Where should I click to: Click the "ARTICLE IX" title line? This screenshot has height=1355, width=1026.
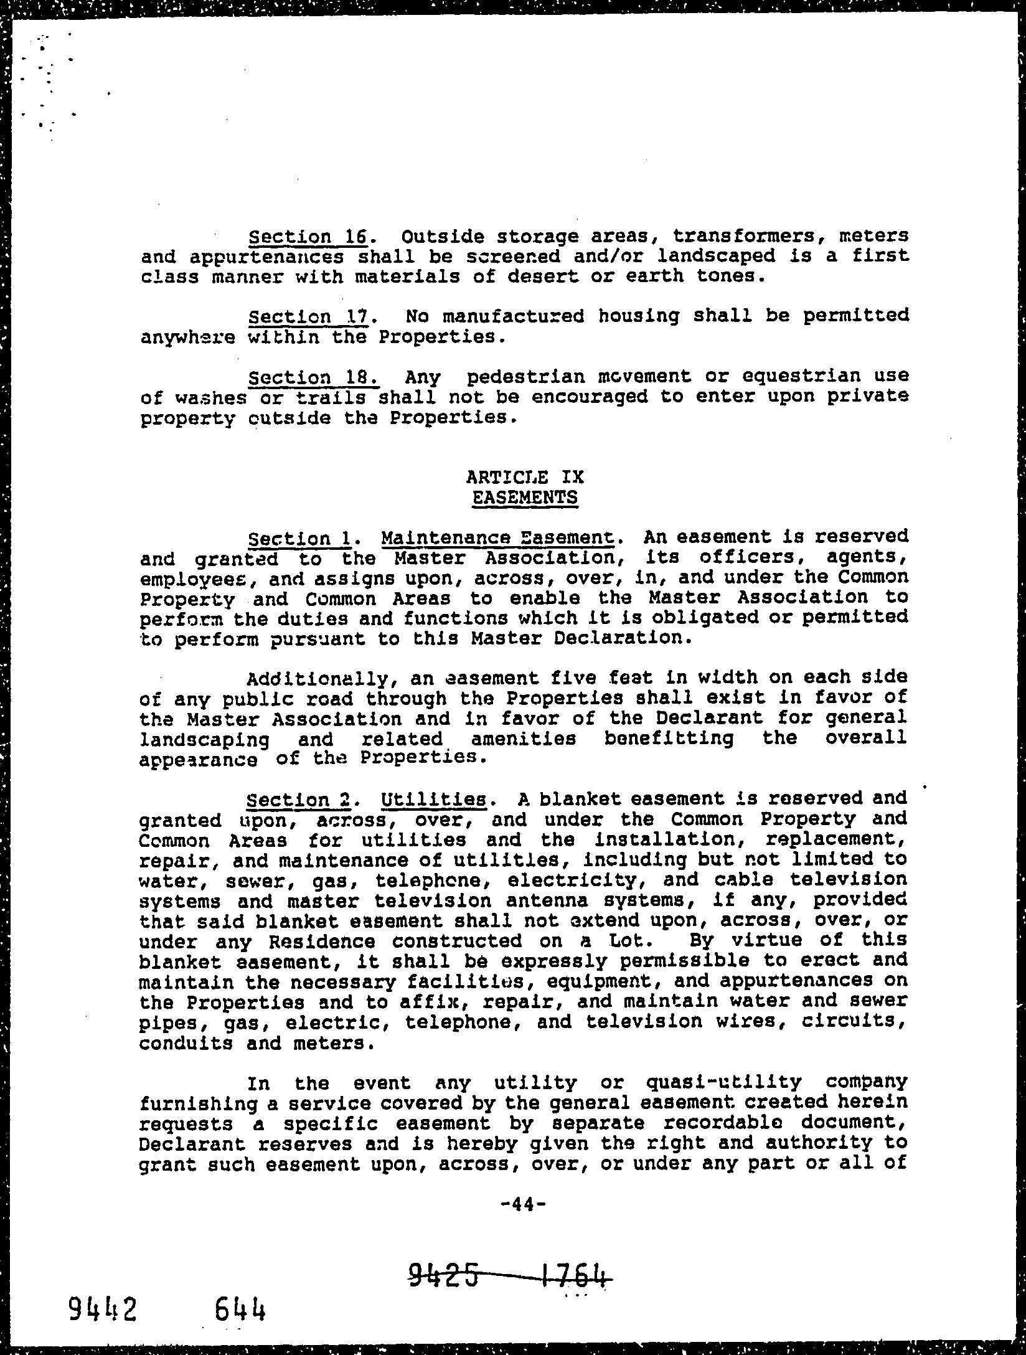(525, 477)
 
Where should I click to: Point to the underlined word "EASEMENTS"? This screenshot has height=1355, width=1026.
(525, 498)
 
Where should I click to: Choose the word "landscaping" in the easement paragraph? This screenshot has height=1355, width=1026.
(205, 739)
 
